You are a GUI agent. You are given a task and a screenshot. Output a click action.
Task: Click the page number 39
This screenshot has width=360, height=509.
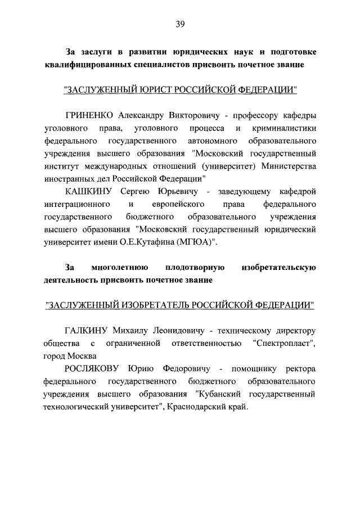pyautogui.click(x=180, y=24)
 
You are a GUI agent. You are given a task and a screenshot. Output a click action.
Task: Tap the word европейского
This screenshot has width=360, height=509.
pyautogui.click(x=178, y=205)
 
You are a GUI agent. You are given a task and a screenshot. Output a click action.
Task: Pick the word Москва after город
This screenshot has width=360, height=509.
pyautogui.click(x=82, y=356)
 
